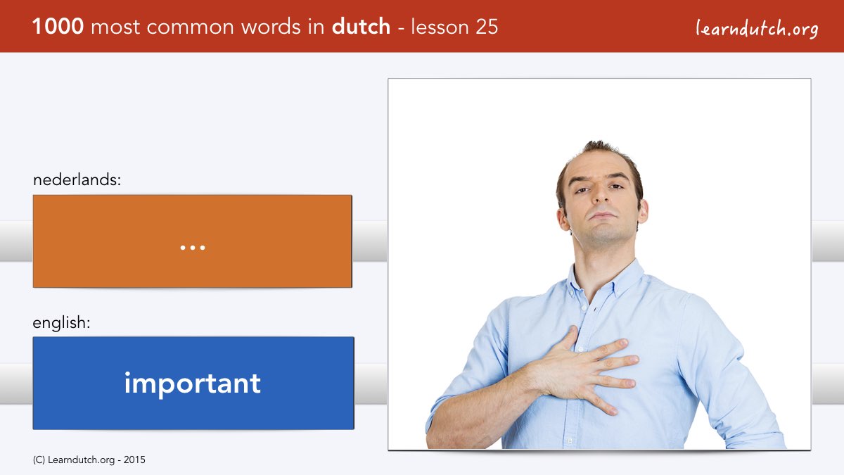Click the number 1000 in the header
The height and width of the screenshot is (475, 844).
point(58,27)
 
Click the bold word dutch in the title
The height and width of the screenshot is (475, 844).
point(361,27)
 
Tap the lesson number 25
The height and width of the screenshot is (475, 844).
point(487,27)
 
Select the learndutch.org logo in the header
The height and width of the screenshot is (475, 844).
point(757,28)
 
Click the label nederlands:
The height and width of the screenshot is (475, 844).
point(77,179)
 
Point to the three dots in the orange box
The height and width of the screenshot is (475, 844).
point(193,248)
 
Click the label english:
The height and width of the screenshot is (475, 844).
point(61,323)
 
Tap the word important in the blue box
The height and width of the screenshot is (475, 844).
point(193,383)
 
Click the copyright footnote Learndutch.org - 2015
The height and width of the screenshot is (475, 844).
point(89,460)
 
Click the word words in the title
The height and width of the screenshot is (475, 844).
point(271,27)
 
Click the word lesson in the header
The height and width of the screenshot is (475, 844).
point(440,27)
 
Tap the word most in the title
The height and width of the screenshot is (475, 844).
point(115,27)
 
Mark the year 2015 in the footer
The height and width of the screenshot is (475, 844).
point(134,460)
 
